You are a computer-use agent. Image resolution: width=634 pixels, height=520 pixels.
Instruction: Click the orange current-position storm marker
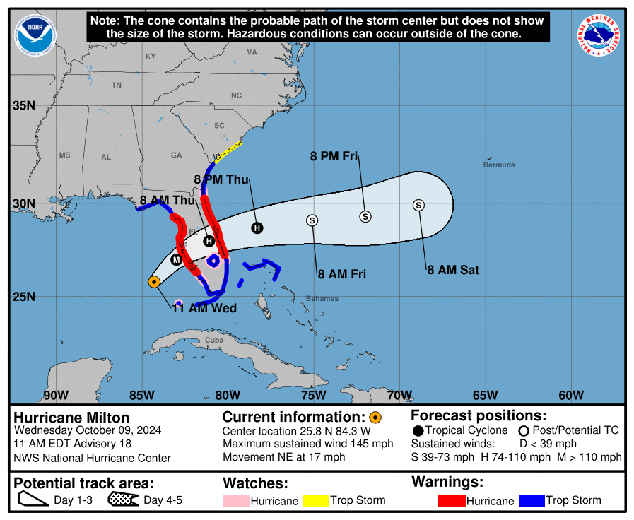(154, 282)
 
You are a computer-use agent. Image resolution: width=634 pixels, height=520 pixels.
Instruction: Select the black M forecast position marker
(176, 259)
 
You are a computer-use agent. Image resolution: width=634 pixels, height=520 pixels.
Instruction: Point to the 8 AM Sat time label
(453, 269)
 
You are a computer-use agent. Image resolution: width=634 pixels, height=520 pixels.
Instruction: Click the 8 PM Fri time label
(334, 156)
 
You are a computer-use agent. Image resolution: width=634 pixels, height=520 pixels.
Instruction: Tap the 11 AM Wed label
(204, 308)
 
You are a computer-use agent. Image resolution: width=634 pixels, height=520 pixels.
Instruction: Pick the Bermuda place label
(499, 165)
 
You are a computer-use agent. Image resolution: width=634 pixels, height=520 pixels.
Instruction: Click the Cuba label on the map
(213, 340)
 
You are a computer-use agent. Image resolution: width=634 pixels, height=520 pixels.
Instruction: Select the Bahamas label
(322, 299)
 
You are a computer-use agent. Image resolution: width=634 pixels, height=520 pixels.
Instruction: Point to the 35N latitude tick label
(24, 106)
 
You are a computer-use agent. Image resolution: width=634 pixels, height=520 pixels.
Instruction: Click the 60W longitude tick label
(571, 394)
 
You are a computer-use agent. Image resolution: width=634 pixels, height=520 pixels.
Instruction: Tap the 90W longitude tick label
(56, 394)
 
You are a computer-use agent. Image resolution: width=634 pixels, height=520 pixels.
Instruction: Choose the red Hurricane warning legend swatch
(452, 501)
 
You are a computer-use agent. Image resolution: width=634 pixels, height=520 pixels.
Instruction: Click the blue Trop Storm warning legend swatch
(532, 501)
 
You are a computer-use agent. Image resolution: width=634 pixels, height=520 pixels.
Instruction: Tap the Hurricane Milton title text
(71, 418)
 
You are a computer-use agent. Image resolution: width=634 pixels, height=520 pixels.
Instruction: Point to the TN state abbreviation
(117, 85)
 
